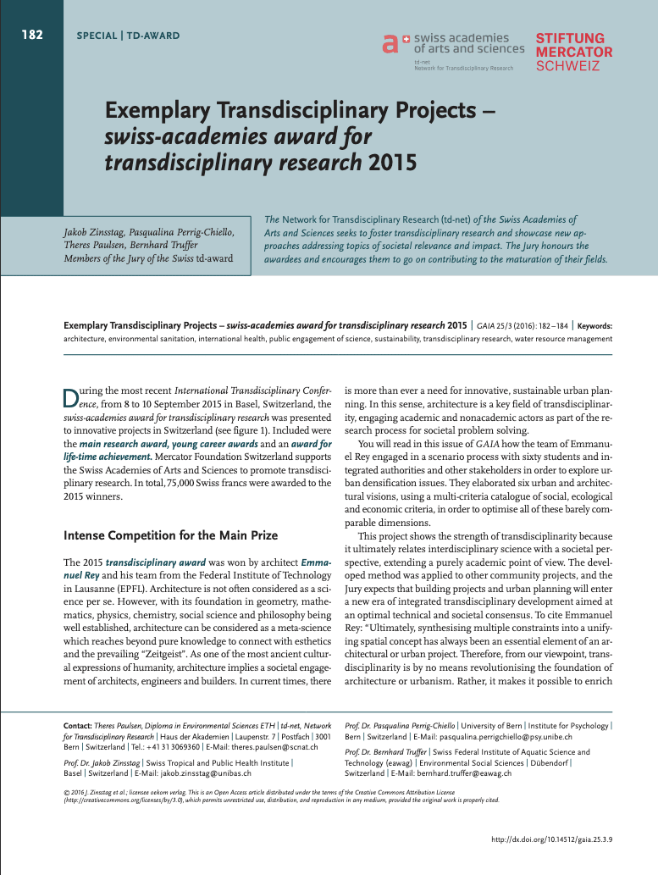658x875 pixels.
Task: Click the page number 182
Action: click(32, 36)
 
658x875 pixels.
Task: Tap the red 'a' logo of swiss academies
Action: click(390, 44)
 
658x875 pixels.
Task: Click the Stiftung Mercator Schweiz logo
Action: click(570, 53)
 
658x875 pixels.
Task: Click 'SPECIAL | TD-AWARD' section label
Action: click(127, 36)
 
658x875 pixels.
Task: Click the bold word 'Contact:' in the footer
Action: click(78, 727)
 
